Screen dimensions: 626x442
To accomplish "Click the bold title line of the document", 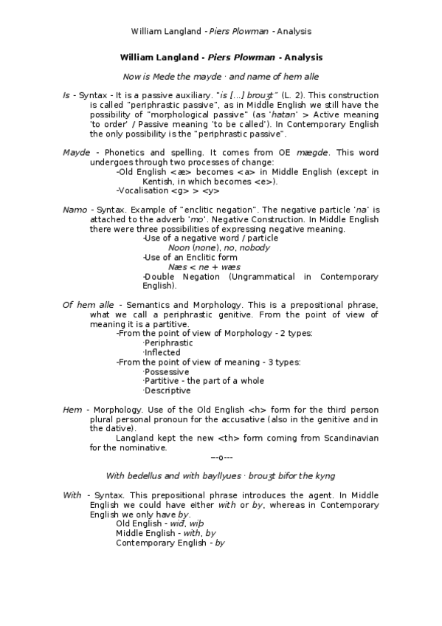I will tap(221, 58).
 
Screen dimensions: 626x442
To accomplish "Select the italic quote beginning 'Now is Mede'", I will tap(221, 76).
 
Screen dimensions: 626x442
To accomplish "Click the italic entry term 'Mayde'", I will tap(76, 153).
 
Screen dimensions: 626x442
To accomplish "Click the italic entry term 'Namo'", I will tap(75, 210).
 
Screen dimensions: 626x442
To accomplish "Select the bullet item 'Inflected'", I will tap(162, 353).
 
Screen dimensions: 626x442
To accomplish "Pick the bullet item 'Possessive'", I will tap(167, 372).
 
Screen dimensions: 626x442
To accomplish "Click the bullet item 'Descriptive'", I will tap(168, 391).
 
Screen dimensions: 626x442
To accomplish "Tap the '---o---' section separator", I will tap(221, 458).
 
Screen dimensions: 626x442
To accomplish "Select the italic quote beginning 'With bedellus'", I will tap(221, 476).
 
